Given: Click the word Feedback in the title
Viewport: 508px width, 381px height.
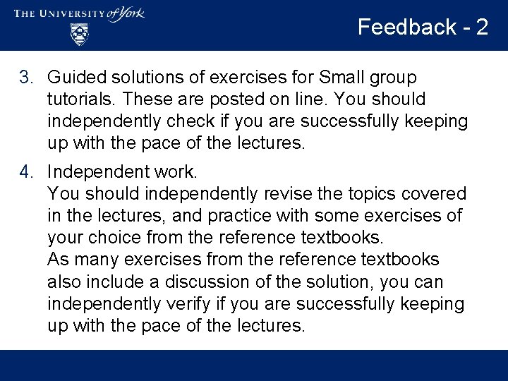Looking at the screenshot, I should click(x=407, y=27).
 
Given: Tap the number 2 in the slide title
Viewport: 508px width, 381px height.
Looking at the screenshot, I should click(x=482, y=27).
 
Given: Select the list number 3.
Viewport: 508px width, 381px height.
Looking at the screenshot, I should click(x=25, y=77).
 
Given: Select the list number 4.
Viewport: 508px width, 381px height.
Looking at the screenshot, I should click(x=25, y=171).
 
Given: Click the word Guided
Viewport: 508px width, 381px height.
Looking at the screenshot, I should click(x=75, y=77).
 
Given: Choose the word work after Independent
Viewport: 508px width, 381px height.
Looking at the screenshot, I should click(x=178, y=171).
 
